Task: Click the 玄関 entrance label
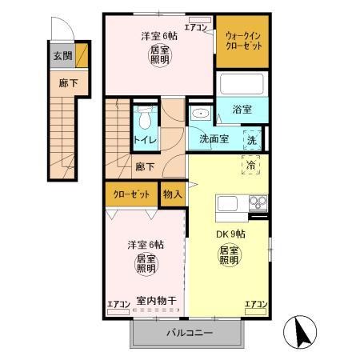(x=62, y=57)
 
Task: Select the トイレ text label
(x=144, y=140)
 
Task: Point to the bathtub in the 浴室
(x=242, y=84)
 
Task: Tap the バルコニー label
(x=190, y=333)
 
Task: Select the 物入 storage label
(x=173, y=193)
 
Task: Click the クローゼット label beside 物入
(x=130, y=193)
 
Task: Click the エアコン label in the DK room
(x=256, y=303)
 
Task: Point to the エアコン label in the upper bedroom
(x=197, y=28)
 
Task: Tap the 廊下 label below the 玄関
(x=62, y=82)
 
